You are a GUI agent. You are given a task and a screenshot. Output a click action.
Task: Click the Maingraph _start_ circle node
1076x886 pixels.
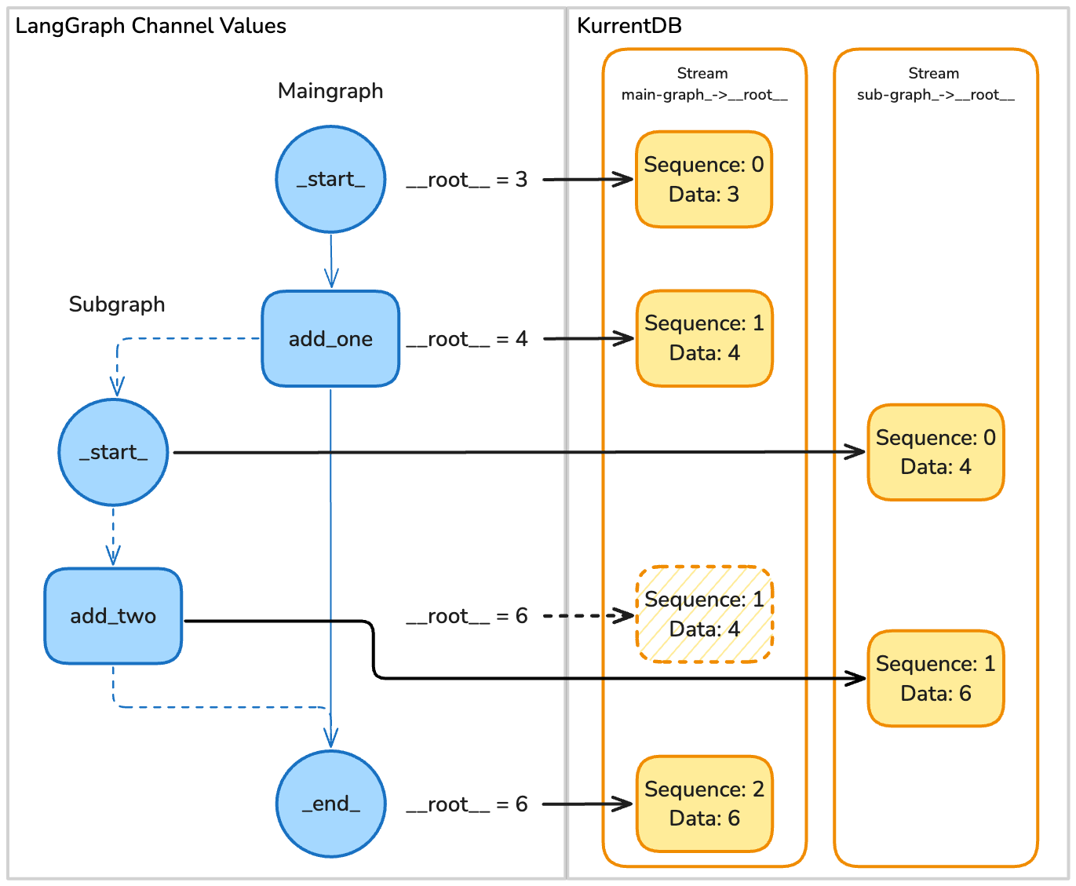[x=330, y=180]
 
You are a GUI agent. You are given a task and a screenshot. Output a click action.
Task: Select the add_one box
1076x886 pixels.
[x=330, y=339]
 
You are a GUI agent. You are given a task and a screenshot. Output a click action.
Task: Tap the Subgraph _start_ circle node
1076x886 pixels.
[x=113, y=452]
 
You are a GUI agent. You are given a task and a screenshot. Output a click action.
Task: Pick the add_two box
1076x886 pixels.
[x=113, y=616]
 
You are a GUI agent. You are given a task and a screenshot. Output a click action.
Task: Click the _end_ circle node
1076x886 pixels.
[x=330, y=804]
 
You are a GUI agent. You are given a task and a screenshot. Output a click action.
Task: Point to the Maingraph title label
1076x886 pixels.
[x=330, y=91]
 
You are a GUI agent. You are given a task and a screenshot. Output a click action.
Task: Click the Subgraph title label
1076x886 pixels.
[x=117, y=304]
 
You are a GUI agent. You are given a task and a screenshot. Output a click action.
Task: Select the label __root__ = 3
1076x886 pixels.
[x=467, y=180]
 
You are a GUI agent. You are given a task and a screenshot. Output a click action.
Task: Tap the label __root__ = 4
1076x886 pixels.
[x=467, y=339]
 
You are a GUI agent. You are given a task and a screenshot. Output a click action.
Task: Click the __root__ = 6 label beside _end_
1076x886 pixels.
[x=467, y=804]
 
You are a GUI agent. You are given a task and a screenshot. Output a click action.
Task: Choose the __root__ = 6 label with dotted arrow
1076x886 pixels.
[x=467, y=616]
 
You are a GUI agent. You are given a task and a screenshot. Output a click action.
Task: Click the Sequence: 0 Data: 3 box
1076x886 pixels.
[x=704, y=180]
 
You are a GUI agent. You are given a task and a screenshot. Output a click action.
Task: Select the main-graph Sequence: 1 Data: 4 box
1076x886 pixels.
[x=704, y=338]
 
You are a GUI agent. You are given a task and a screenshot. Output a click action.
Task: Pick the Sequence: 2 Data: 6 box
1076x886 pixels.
[x=704, y=804]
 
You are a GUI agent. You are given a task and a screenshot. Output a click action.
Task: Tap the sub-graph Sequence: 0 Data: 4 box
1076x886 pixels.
[x=936, y=452]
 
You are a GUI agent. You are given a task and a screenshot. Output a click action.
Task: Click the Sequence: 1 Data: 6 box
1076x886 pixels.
[x=936, y=678]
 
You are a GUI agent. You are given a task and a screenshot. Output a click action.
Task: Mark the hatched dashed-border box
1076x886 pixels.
[x=705, y=614]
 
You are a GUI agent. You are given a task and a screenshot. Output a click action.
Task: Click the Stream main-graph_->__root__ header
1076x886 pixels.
[x=704, y=84]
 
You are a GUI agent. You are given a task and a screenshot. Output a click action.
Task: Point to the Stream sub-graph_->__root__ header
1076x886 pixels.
[x=935, y=84]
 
